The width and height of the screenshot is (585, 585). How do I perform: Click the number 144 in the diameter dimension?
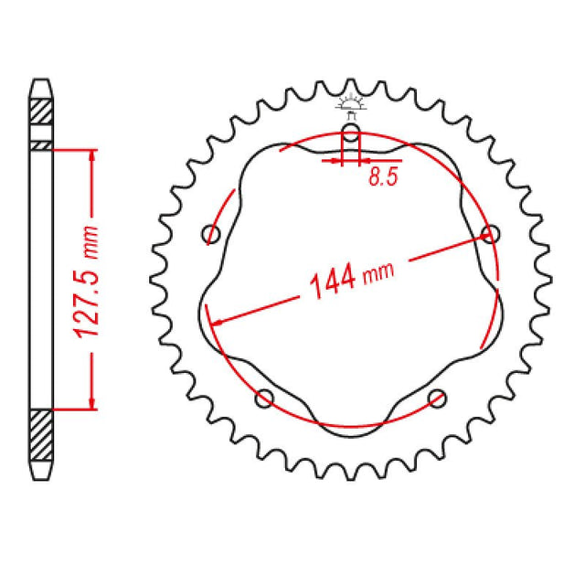pyautogui.click(x=325, y=283)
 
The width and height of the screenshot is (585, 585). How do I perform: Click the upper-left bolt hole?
pyautogui.click(x=211, y=235)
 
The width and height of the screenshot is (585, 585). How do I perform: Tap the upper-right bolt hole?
pyautogui.click(x=491, y=234)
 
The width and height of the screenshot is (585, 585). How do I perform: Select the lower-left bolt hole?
pyautogui.click(x=266, y=397)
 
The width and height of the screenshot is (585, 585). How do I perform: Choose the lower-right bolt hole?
pyautogui.click(x=438, y=397)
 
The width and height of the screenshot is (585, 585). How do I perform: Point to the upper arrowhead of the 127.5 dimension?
pyautogui.click(x=91, y=156)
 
